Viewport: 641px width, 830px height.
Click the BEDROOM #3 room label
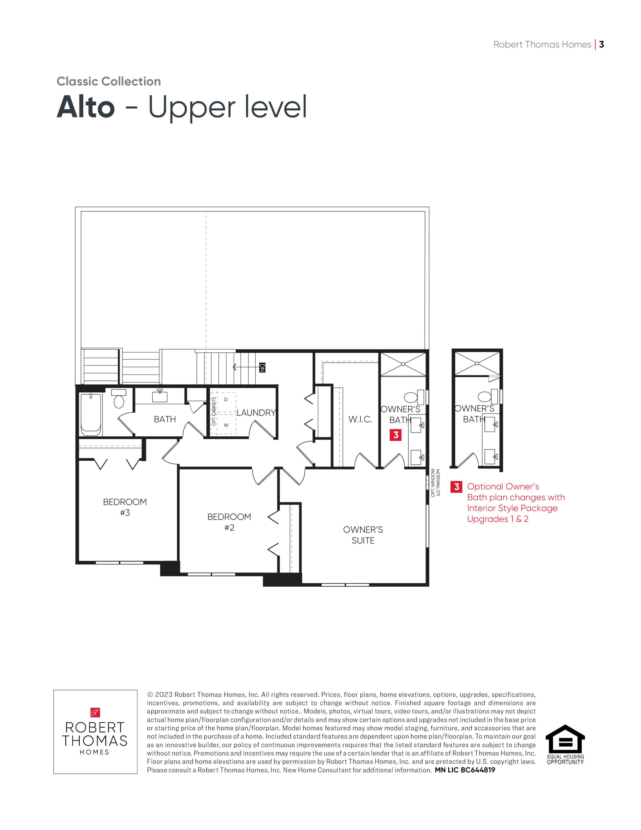[x=125, y=507]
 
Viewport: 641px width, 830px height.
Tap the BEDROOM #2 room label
[x=229, y=522]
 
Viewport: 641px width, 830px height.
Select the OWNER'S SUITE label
[x=363, y=535]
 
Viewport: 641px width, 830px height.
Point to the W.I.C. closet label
[x=360, y=419]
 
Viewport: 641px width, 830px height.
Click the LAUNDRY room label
[x=256, y=412]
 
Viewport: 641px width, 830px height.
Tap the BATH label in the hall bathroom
[x=165, y=419]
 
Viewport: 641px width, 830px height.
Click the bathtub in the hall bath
[x=91, y=414]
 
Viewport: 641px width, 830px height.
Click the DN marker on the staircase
[x=262, y=367]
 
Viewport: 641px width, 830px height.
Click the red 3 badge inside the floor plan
[x=396, y=435]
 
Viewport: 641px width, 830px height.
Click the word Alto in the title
[x=86, y=107]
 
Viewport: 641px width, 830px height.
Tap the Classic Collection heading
[x=109, y=81]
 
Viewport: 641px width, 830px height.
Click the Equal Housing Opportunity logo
[x=565, y=744]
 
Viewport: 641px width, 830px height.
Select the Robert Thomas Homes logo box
[x=95, y=731]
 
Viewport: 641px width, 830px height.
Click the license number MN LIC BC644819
[x=465, y=770]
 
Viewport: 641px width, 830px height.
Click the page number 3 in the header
[x=601, y=44]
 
